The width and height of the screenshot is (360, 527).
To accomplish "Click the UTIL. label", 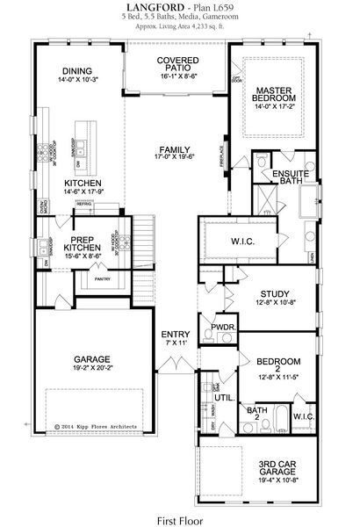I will click(223, 398).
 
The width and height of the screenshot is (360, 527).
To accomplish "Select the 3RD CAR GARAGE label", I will click(276, 468).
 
